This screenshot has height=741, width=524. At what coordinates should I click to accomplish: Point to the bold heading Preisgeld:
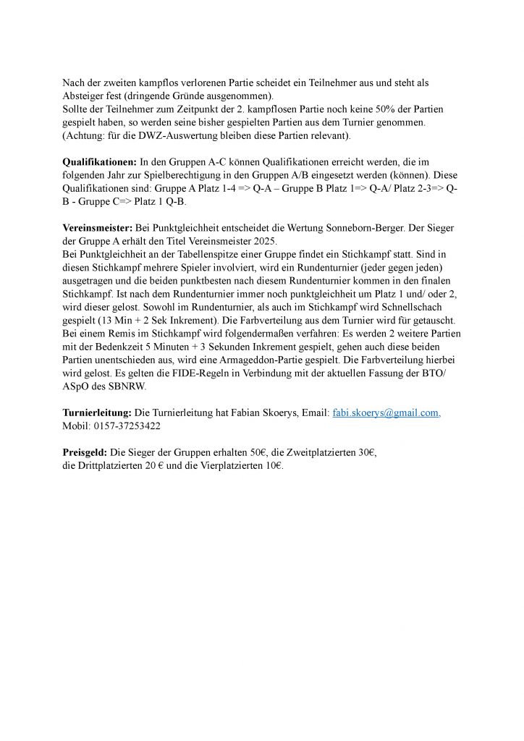pyautogui.click(x=84, y=452)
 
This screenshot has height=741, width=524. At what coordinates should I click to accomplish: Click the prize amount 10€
pyautogui.click(x=274, y=466)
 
